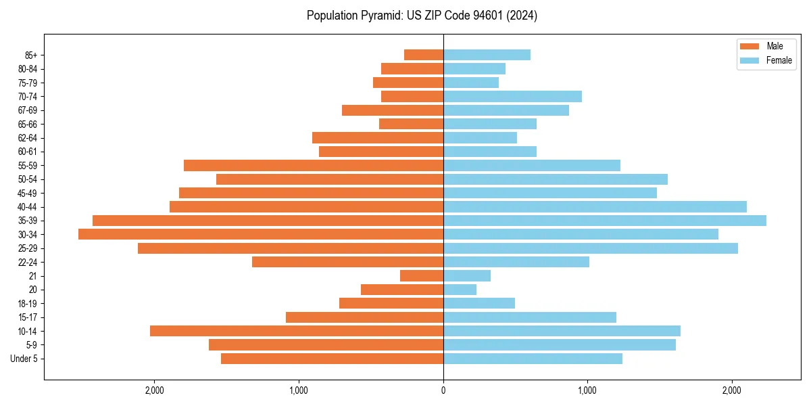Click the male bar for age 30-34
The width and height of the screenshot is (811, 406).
tap(261, 234)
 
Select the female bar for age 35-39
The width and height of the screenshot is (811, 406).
tap(605, 221)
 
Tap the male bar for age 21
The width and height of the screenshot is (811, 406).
tap(422, 276)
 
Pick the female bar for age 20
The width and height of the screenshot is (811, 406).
tap(460, 290)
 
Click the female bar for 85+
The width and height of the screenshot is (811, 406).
tap(487, 55)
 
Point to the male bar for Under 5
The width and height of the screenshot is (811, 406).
tap(332, 359)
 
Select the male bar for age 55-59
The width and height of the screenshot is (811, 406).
tap(314, 165)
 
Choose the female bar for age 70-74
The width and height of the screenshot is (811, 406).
tap(512, 96)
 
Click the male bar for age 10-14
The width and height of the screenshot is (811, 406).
tap(297, 331)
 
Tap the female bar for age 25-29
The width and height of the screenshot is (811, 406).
tap(591, 248)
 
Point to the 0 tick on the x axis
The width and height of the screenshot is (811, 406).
tap(443, 390)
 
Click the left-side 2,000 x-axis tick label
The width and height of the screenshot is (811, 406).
tap(155, 390)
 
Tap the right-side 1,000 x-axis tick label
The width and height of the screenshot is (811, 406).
tap(587, 390)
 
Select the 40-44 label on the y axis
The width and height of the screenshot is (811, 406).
tap(28, 207)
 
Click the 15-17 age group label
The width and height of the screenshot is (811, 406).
tap(28, 317)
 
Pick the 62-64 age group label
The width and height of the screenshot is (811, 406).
tap(28, 138)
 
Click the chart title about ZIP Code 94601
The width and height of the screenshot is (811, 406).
tap(422, 16)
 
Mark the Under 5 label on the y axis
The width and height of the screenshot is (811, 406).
tap(24, 359)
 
